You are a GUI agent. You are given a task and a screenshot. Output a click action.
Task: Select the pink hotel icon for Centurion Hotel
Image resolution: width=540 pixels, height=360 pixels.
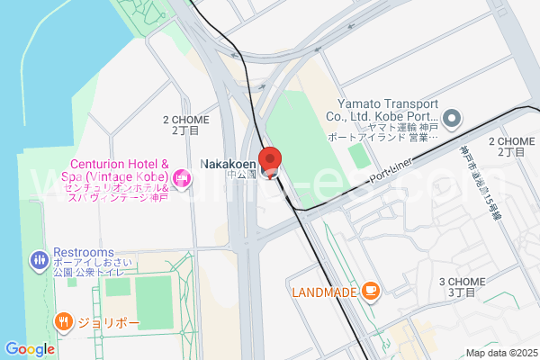(184, 178)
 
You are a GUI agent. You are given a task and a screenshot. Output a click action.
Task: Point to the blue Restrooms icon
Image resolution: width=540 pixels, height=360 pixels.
(39, 261)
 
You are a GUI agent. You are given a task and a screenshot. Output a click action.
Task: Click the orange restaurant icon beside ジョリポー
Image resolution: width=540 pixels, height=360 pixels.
(63, 320)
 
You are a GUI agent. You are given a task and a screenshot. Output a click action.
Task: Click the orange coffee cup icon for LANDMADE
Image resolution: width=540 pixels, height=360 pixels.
(370, 292)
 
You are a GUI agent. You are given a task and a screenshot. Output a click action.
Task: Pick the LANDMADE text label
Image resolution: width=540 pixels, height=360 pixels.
(324, 292)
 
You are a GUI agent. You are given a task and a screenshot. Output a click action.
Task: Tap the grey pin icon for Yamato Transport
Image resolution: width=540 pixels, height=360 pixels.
(453, 118)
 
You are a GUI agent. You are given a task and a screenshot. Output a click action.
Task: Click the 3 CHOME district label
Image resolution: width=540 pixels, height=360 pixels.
(462, 287)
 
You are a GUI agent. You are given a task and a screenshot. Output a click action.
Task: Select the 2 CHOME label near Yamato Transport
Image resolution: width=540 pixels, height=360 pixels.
(511, 147)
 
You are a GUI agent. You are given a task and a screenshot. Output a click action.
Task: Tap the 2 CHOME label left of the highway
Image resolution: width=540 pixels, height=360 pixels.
(185, 125)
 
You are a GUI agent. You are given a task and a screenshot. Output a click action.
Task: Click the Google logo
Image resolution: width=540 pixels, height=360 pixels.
(30, 349)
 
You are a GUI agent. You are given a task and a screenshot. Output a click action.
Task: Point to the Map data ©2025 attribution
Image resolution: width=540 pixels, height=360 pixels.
(499, 353)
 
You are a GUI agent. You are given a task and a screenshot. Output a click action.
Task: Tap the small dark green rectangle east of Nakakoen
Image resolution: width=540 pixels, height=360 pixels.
(359, 156)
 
